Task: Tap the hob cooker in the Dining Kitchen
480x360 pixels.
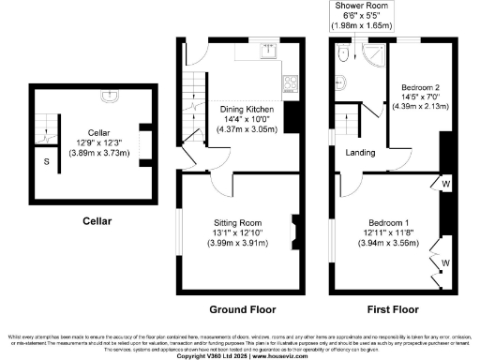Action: [291, 82]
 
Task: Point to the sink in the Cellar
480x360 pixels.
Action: [112, 94]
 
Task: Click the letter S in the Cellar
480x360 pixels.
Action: [47, 161]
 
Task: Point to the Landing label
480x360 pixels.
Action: [361, 153]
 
